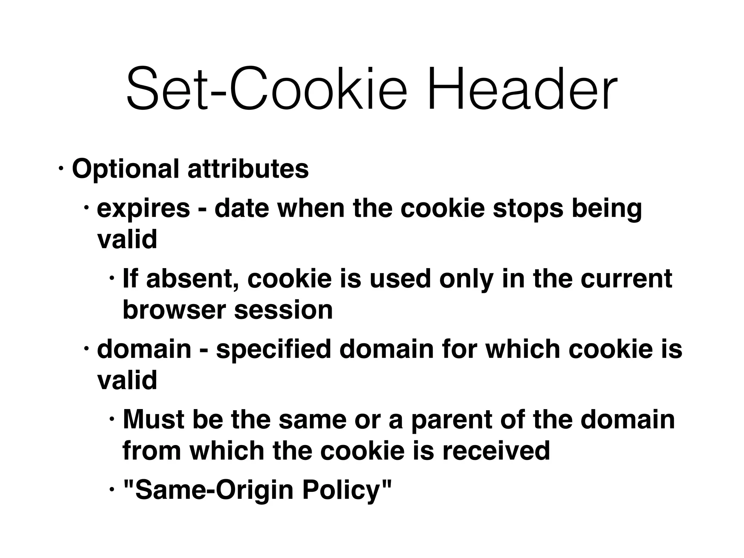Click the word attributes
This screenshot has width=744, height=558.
point(248,169)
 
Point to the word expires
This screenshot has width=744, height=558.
point(143,209)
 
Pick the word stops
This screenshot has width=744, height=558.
point(528,209)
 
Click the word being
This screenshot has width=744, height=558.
point(607,209)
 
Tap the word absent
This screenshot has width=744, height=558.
point(193,279)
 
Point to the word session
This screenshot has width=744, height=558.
point(283,310)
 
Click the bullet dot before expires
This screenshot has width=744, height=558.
point(86,208)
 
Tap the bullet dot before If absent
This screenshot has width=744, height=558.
point(112,278)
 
